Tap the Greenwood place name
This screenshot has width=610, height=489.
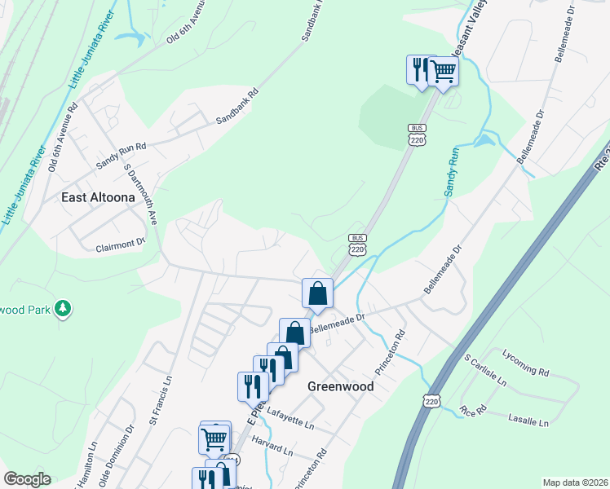340,386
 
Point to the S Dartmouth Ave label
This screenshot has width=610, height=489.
140,196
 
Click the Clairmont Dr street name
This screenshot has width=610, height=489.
120,242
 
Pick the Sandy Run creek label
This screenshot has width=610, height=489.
453,170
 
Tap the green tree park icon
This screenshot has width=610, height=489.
63,308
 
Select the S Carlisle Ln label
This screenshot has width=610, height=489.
485,370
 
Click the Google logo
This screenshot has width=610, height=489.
27,479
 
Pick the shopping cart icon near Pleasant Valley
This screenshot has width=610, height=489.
443,72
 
